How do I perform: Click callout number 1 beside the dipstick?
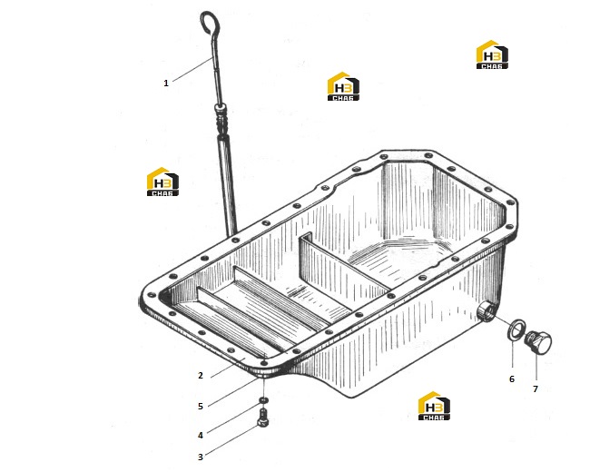(166, 84)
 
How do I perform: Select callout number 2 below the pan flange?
(201, 375)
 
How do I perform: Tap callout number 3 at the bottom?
(201, 457)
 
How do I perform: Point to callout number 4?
(201, 435)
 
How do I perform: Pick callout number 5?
(201, 406)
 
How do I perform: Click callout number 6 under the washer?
(512, 379)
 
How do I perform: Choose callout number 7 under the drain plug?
(536, 388)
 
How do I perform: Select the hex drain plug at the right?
(538, 341)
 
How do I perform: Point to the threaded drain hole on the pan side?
(487, 311)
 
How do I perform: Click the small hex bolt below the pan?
(263, 418)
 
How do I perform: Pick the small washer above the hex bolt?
(264, 399)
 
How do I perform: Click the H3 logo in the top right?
(492, 54)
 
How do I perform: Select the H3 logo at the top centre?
(343, 86)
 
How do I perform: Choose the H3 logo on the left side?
(162, 182)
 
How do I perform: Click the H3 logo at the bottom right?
(434, 406)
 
